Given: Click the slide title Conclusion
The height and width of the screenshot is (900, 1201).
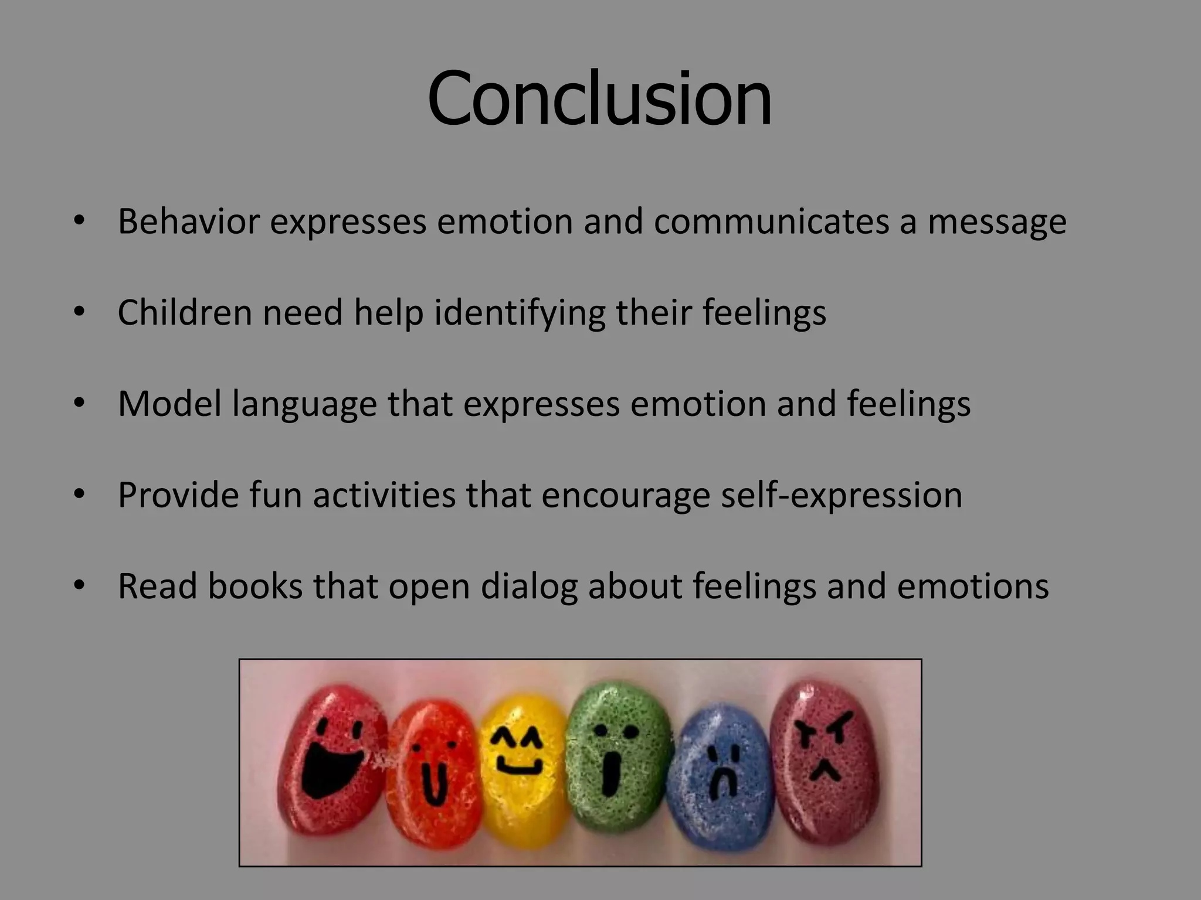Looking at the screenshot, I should click(x=599, y=98).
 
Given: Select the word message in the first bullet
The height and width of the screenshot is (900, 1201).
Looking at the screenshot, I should click(x=997, y=223).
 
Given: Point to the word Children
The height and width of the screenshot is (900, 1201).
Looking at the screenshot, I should click(x=184, y=312).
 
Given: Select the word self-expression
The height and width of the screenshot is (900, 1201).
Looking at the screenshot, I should click(x=842, y=496).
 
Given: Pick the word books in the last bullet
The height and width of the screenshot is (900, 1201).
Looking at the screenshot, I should click(x=255, y=586).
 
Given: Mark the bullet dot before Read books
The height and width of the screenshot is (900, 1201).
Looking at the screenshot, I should click(x=80, y=585).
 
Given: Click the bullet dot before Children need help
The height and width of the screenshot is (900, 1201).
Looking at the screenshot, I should click(x=80, y=312).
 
